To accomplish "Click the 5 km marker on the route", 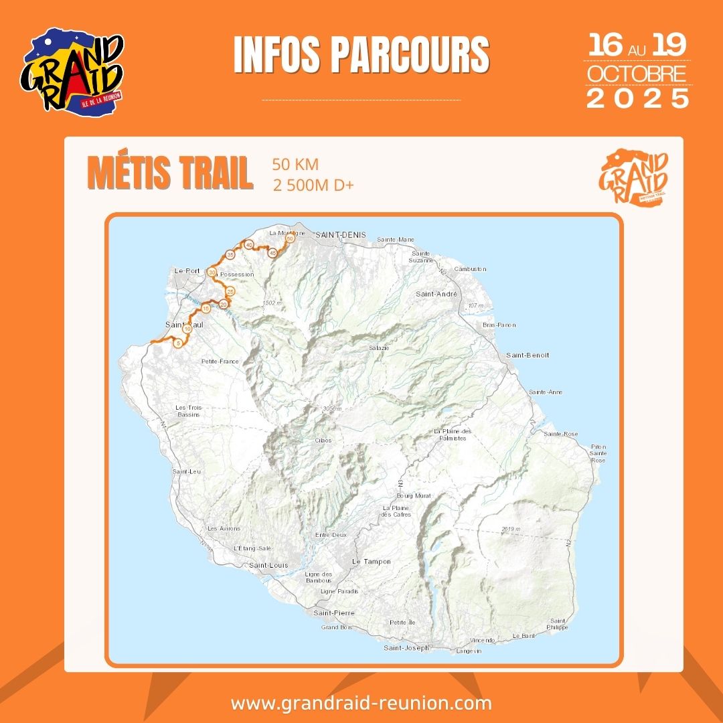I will (177, 343).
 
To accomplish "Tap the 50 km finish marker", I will (290, 238).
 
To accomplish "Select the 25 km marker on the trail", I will (230, 291).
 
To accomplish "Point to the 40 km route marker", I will (249, 245).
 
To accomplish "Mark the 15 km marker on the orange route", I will (206, 309).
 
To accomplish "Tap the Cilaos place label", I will (323, 440).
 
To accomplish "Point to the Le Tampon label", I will (371, 561).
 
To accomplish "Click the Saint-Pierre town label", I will (334, 613).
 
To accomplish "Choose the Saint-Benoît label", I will (528, 355).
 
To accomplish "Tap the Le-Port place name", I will (187, 270).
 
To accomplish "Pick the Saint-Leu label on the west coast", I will (187, 471).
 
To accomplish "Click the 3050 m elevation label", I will (331, 408).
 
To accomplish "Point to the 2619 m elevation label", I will (511, 530).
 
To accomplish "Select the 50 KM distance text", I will (295, 165).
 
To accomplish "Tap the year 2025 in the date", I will (638, 98).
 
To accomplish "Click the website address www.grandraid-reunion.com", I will (361, 704).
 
